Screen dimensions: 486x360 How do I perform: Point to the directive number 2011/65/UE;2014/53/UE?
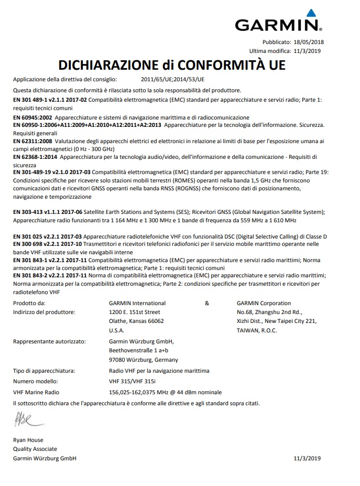(x=172, y=80)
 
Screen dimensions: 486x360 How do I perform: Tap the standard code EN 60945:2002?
(x=32, y=117)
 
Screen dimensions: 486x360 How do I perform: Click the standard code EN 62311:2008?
(x=32, y=142)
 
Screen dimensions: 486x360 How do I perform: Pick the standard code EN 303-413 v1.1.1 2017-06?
(x=48, y=212)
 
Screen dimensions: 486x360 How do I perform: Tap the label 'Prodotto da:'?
(x=29, y=303)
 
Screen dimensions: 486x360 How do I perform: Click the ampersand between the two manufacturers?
(x=206, y=303)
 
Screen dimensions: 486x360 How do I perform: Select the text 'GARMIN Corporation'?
(x=264, y=303)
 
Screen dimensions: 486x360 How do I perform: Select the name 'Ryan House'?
(x=28, y=440)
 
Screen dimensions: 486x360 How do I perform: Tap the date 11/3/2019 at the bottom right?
(x=307, y=458)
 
